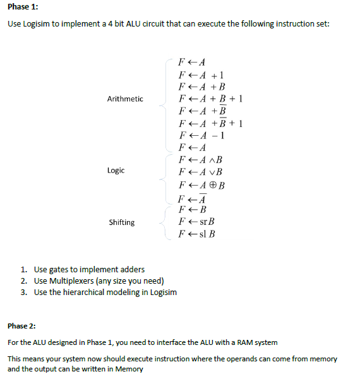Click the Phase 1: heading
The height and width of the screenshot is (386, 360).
[x=23, y=8]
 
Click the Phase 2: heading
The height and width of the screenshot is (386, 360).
[x=21, y=326]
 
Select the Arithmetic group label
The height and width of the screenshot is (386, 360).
[x=125, y=99]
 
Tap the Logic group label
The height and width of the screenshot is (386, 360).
[x=116, y=171]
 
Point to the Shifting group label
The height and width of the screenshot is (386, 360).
[x=122, y=222]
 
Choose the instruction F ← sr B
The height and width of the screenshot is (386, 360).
[x=198, y=222]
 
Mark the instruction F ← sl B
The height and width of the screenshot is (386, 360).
[x=198, y=234]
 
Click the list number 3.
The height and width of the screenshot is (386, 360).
[x=23, y=293]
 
